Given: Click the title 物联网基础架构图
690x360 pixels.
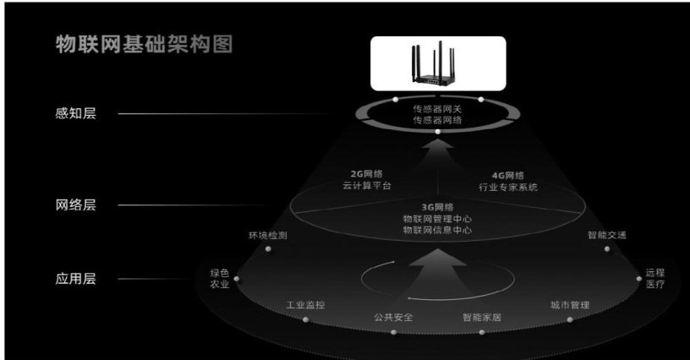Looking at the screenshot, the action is pos(144,45).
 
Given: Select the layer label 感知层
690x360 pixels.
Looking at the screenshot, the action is pos(76,113).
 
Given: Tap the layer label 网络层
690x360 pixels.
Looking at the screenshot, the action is pos(76,205).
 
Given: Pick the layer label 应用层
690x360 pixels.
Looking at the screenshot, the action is pos(76,279).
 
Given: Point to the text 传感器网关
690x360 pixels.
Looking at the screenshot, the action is pos(437,108).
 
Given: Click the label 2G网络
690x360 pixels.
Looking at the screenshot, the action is pos(367,174).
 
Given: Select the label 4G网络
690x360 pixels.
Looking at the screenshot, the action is pos(508,176).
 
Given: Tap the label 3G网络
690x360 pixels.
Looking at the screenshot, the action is pos(437,207).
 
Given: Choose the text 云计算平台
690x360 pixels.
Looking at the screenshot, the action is pos(367,186).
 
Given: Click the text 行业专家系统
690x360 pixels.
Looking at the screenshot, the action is pos(508,187).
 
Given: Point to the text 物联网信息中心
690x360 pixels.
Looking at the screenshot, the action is pos(437,230).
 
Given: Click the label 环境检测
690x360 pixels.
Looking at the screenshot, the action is pos(268,236).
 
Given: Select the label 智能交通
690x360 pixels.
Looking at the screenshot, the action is pos(607,235).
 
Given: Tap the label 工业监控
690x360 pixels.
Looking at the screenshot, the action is pos(305,304).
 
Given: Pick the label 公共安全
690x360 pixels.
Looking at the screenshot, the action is pos(393,317).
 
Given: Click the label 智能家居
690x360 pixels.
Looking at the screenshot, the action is pos(482,317).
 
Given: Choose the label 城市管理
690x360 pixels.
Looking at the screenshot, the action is pos(570,304).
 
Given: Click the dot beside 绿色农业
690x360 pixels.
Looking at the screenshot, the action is pos(237,279).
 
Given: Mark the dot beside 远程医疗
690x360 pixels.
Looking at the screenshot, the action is pos(639,279).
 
